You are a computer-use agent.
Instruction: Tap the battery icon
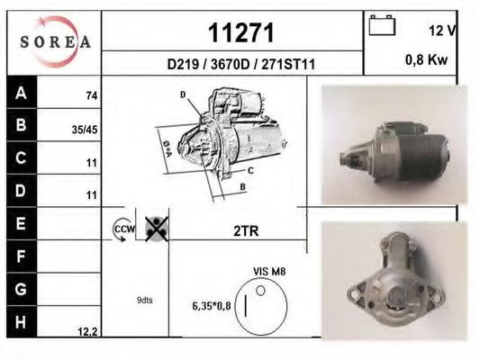click(383, 27)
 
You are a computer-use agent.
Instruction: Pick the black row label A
click(22, 93)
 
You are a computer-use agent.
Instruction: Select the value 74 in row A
click(92, 94)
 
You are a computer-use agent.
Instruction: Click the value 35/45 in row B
click(84, 129)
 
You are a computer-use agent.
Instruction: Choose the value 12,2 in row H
click(87, 332)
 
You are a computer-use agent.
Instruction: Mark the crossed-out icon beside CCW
click(156, 228)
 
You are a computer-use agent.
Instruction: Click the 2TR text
click(246, 230)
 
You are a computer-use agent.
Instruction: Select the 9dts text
click(144, 300)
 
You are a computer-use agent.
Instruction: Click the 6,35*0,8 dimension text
click(211, 306)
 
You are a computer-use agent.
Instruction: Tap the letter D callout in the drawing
click(182, 94)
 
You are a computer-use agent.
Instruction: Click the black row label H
click(22, 320)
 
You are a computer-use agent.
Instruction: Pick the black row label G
click(22, 288)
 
